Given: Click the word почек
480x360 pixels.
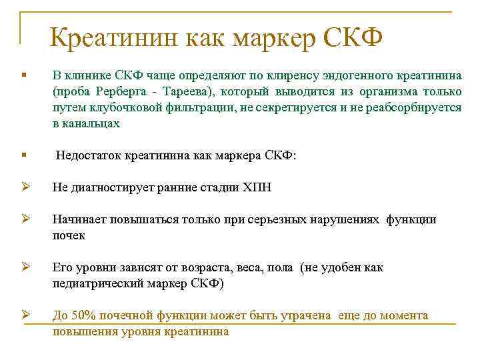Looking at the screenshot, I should [69, 236].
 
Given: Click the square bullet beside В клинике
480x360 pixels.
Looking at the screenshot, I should [24, 75].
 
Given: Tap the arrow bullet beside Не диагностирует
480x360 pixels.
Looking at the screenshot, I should [25, 187].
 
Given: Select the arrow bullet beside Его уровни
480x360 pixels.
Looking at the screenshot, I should [25, 267].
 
